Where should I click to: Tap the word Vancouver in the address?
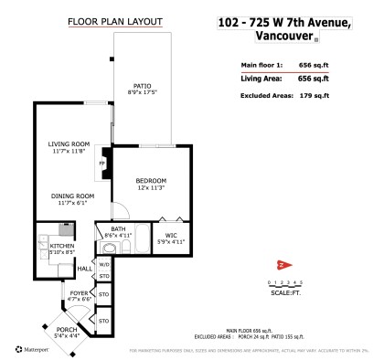[x=275, y=37]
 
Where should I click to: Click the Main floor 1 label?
[x=261, y=66]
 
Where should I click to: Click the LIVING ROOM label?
[x=69, y=144]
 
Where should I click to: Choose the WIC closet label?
[x=173, y=235]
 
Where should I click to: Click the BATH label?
[x=118, y=229]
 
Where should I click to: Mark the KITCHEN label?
[x=62, y=246]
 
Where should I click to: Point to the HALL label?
[x=82, y=269]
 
